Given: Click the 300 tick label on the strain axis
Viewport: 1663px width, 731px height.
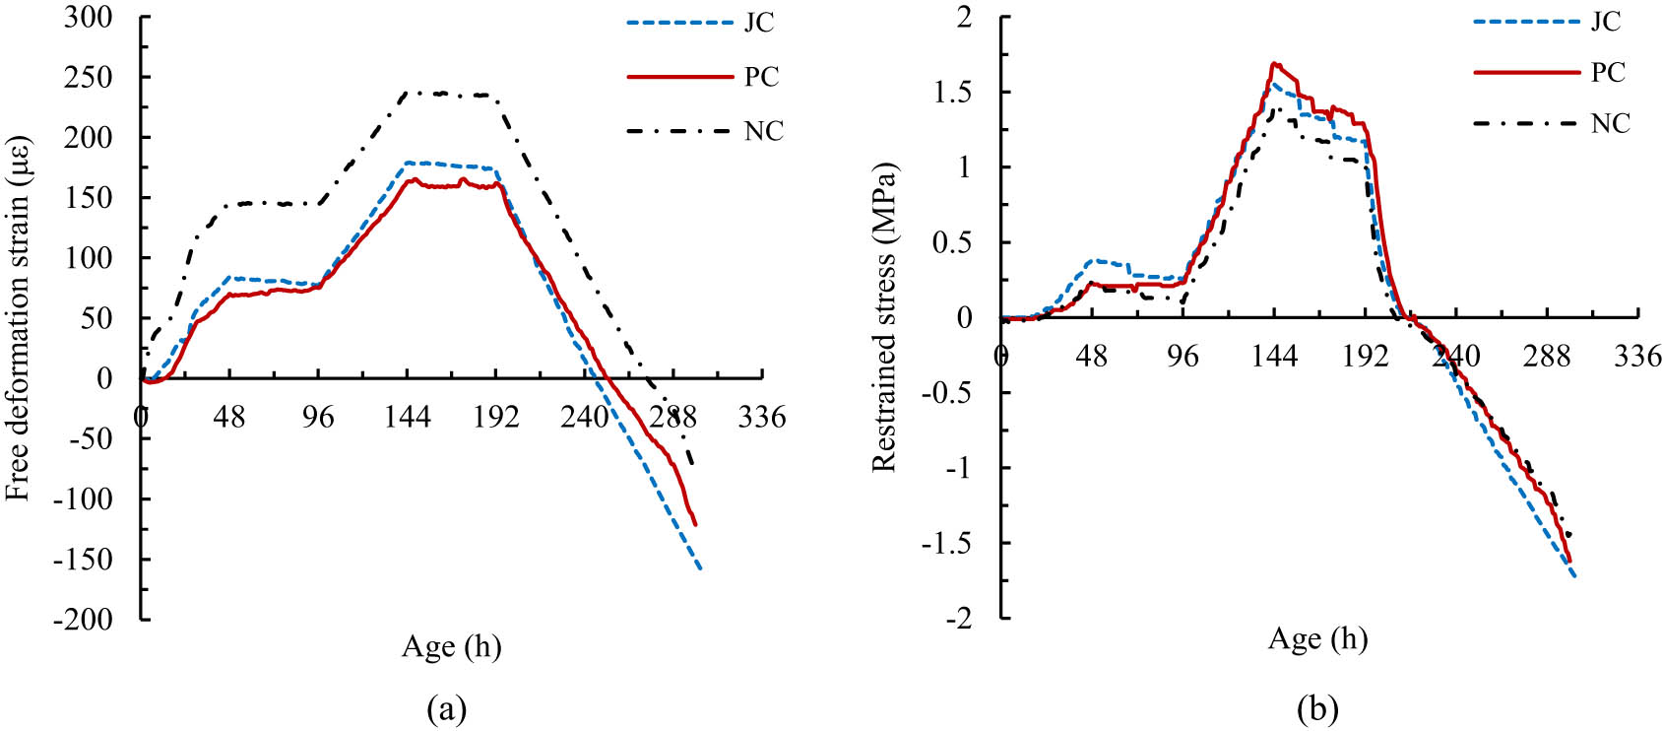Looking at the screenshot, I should tap(89, 17).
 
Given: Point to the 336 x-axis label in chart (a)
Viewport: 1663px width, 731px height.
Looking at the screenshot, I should tap(762, 418).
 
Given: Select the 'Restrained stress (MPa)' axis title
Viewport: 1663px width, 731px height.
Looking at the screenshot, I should tap(883, 317).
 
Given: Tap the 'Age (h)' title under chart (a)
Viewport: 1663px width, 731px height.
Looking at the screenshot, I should tap(451, 647).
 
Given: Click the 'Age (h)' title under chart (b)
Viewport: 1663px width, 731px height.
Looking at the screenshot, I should tap(1317, 639).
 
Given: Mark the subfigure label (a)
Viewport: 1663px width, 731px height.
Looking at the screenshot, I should tap(446, 707).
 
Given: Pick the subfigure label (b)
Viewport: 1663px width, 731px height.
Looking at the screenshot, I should tap(1317, 707).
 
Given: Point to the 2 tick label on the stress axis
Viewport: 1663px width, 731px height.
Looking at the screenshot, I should tap(963, 17).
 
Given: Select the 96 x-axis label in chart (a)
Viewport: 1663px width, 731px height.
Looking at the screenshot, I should tap(318, 418).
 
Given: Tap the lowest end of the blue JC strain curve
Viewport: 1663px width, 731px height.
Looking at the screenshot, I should tap(700, 569).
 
